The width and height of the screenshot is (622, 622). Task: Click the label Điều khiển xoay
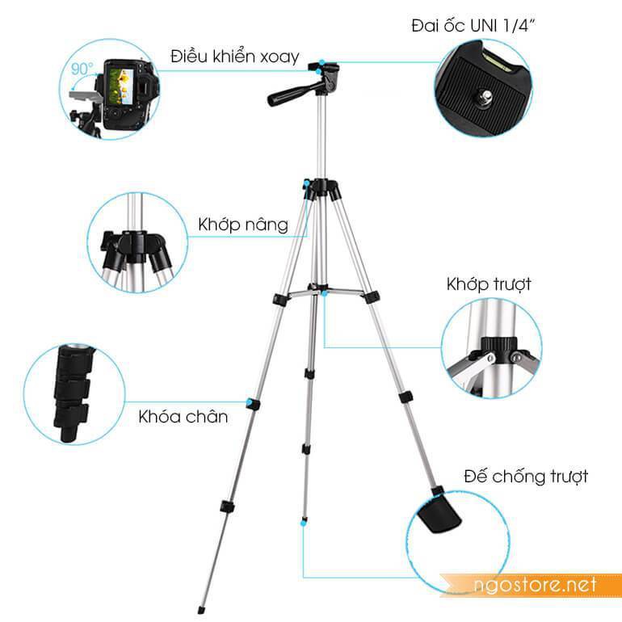[235, 57]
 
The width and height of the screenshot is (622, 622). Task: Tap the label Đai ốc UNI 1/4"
[473, 26]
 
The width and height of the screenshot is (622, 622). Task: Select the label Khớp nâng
[243, 225]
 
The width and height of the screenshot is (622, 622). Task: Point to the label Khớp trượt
[489, 284]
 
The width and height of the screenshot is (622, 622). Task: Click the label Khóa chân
[183, 417]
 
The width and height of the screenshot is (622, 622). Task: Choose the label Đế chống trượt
[526, 477]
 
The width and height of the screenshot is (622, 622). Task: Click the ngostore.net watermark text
[535, 585]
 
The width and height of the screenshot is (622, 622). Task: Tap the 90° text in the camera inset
[82, 69]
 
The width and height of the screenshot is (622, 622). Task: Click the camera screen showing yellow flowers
[121, 87]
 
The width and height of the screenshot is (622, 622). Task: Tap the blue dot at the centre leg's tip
[304, 523]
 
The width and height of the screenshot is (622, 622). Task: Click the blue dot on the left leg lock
[250, 402]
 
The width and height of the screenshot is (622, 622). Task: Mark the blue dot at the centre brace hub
[325, 293]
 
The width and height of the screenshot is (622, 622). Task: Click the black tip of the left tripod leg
[200, 609]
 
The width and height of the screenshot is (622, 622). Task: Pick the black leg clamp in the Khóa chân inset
[72, 393]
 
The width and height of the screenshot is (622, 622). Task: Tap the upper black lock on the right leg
[372, 296]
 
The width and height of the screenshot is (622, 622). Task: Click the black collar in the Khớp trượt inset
[499, 350]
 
